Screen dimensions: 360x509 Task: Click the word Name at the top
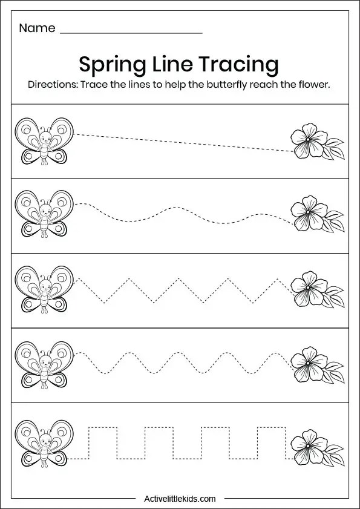pyautogui.click(x=37, y=28)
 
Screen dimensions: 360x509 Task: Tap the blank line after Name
pyautogui.click(x=131, y=33)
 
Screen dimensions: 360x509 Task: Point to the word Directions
pyautogui.click(x=52, y=85)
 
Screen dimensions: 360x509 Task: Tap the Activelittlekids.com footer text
pyautogui.click(x=180, y=498)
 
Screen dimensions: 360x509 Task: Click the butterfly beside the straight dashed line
pyautogui.click(x=44, y=142)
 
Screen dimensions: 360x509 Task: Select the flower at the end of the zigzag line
pyautogui.click(x=317, y=289)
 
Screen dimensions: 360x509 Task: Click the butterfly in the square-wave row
pyautogui.click(x=44, y=444)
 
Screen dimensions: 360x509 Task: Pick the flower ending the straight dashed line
pyautogui.click(x=317, y=141)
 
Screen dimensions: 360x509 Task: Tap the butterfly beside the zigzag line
pyautogui.click(x=44, y=290)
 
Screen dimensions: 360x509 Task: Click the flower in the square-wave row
pyautogui.click(x=317, y=447)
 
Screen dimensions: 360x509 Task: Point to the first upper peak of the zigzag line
pyautogui.click(x=129, y=278)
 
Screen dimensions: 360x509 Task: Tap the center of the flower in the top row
pyautogui.click(x=307, y=139)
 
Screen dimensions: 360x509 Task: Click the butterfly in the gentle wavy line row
pyautogui.click(x=44, y=214)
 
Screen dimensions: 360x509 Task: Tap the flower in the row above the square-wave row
pyautogui.click(x=317, y=365)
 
